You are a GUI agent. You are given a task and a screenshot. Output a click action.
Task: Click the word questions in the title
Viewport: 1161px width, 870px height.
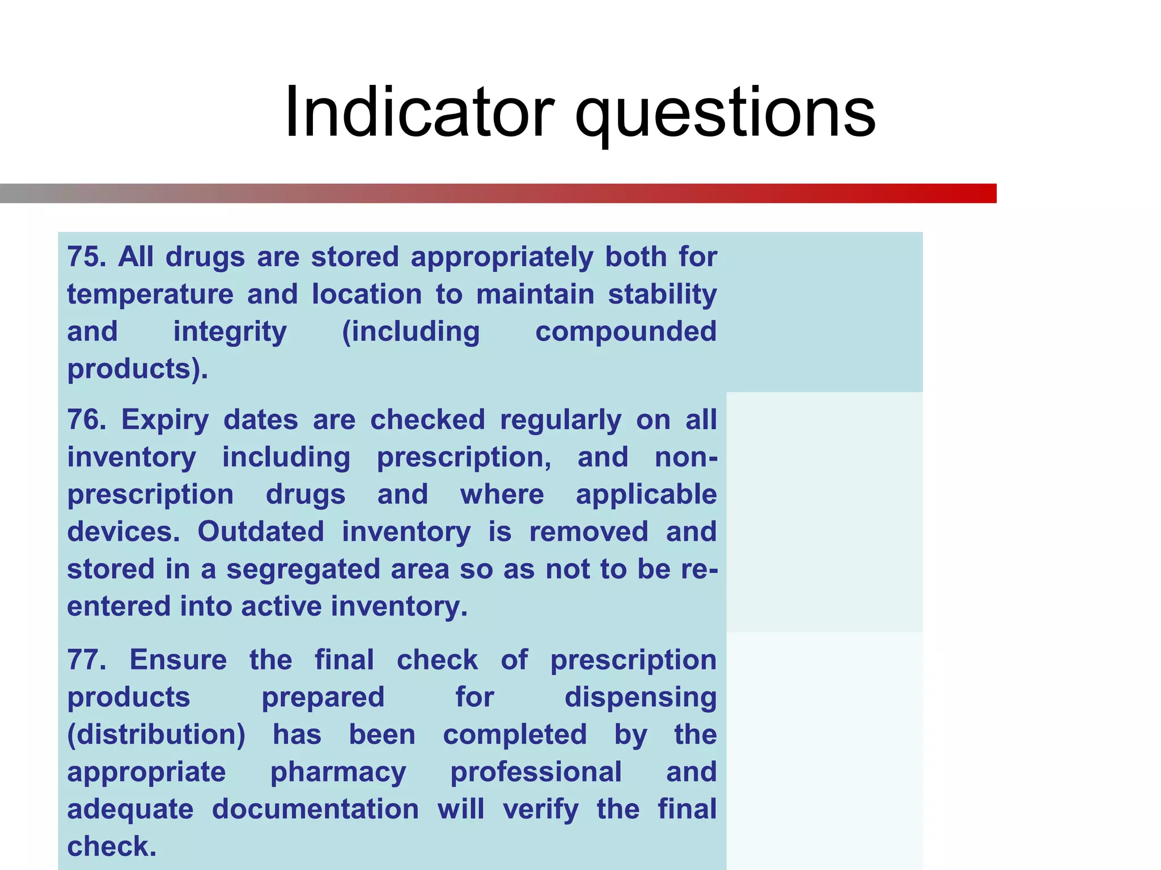pyautogui.click(x=725, y=113)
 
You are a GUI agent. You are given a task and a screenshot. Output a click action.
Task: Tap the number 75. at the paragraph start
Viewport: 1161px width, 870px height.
pyautogui.click(x=87, y=257)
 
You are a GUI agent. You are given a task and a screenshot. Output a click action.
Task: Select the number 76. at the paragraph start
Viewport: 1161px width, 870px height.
pyautogui.click(x=87, y=420)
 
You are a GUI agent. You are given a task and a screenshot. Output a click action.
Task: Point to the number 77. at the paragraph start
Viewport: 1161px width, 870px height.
pyautogui.click(x=87, y=660)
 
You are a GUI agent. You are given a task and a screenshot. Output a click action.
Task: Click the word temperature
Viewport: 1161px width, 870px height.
pyautogui.click(x=150, y=295)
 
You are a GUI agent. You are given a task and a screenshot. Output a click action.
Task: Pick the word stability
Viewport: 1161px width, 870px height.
pyautogui.click(x=662, y=295)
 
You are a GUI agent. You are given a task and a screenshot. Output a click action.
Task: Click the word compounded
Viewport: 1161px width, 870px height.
pyautogui.click(x=626, y=332)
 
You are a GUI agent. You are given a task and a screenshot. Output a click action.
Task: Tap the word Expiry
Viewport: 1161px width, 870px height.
pyautogui.click(x=165, y=421)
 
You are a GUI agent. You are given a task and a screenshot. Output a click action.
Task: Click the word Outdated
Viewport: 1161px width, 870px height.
pyautogui.click(x=261, y=532)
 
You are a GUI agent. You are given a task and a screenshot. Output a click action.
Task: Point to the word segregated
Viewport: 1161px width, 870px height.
pyautogui.click(x=303, y=570)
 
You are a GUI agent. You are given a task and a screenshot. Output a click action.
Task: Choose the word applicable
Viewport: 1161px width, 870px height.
pyautogui.click(x=646, y=495)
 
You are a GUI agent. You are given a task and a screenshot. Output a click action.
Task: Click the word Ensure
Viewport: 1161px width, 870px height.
pyautogui.click(x=178, y=660)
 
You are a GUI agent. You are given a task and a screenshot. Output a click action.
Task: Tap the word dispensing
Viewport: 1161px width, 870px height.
pyautogui.click(x=641, y=698)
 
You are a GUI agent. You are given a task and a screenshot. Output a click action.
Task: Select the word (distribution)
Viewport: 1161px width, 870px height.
pyautogui.click(x=156, y=735)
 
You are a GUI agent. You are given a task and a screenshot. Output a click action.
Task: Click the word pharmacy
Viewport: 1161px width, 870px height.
pyautogui.click(x=338, y=773)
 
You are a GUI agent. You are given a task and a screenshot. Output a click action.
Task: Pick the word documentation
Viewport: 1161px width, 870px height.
pyautogui.click(x=315, y=809)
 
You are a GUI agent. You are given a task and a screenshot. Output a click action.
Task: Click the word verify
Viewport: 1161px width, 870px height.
pyautogui.click(x=540, y=810)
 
